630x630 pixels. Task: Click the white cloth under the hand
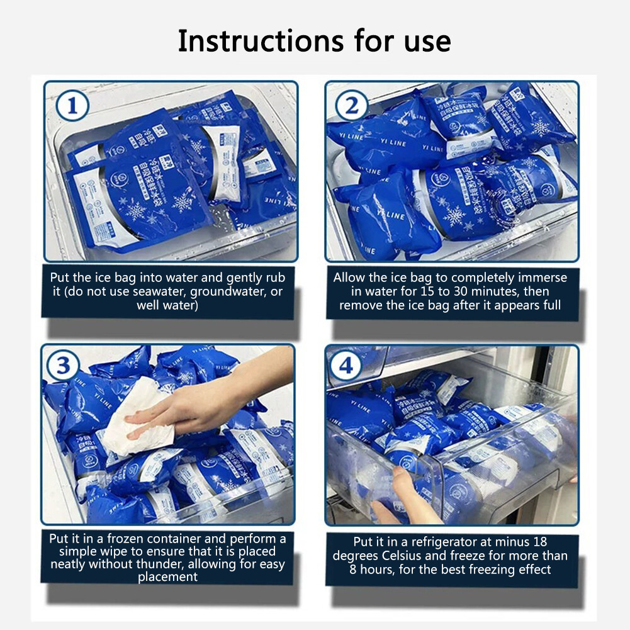tap(135, 419)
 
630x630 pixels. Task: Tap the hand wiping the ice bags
tap(189, 410)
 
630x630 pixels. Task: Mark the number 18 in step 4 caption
tap(539, 542)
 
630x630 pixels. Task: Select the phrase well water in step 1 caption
tap(167, 306)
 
